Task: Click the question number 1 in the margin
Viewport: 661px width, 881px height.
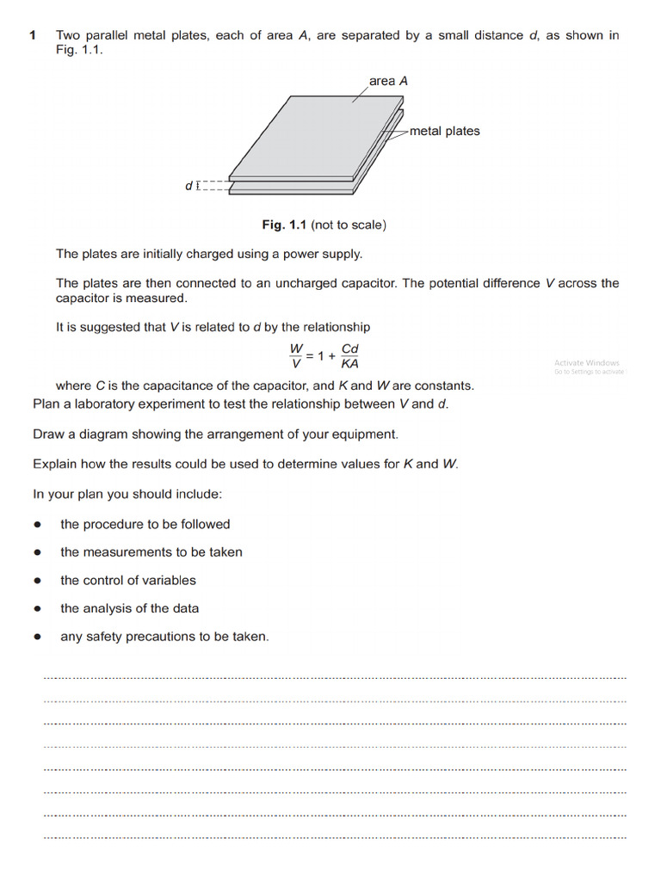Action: tap(32, 35)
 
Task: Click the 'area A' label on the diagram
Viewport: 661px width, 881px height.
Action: tap(388, 81)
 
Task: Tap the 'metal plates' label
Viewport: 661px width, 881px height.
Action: tap(444, 131)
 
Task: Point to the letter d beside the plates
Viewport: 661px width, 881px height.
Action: tap(188, 185)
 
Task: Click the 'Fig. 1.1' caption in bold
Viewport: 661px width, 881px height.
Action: tap(285, 225)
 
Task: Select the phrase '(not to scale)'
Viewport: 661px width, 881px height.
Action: tap(349, 225)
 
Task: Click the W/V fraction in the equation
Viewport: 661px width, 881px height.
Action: tap(296, 355)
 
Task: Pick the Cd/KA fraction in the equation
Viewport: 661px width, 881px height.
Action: tap(350, 355)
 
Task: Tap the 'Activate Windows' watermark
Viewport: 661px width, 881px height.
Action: tap(586, 363)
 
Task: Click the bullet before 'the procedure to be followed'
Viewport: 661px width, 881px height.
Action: tap(38, 525)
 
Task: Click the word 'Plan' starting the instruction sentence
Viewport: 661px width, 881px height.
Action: tap(46, 404)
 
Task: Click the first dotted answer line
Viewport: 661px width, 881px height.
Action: tap(335, 678)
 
